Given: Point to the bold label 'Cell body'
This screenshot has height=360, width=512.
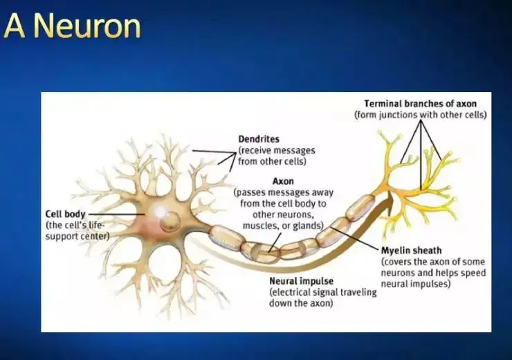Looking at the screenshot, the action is pyautogui.click(x=66, y=214).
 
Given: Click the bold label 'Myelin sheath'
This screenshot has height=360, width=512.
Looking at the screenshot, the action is pyautogui.click(x=411, y=250).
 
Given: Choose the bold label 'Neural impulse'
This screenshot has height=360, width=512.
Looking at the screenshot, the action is pyautogui.click(x=302, y=282).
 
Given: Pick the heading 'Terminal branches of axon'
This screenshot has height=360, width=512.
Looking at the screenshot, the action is pyautogui.click(x=420, y=103).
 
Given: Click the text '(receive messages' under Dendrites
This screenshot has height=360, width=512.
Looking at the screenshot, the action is pyautogui.click(x=276, y=150).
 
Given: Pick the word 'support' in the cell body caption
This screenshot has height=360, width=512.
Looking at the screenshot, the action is pyautogui.click(x=63, y=235).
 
